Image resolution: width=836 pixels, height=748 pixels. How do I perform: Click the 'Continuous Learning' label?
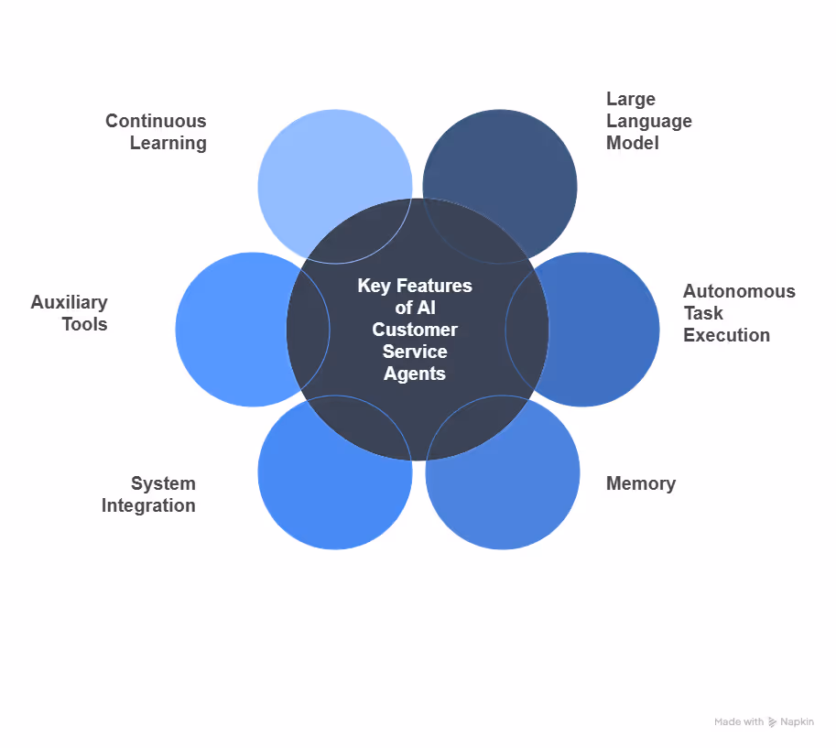coord(156,132)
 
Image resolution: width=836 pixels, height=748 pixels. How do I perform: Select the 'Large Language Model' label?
coord(648,121)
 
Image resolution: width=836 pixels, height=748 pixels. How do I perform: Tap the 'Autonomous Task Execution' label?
coord(738,313)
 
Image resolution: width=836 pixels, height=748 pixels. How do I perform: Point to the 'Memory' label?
coord(640,483)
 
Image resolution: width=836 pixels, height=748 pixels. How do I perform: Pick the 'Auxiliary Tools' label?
coord(70,313)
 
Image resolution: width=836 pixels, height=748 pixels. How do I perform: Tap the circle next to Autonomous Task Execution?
coord(609,330)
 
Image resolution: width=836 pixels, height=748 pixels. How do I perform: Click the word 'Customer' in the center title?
coord(415,330)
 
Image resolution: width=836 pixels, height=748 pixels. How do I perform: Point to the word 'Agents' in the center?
coord(415,374)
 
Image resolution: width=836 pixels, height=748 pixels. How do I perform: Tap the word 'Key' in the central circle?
coord(374,286)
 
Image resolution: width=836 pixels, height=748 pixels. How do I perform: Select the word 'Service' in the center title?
coord(415,352)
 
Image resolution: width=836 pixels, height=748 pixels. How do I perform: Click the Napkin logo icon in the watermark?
coord(773,722)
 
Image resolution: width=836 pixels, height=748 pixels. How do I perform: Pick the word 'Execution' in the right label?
coord(726,335)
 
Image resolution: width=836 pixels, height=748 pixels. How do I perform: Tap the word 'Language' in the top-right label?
coord(648,121)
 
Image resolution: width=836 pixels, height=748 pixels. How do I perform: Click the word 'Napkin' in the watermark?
coord(797,722)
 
